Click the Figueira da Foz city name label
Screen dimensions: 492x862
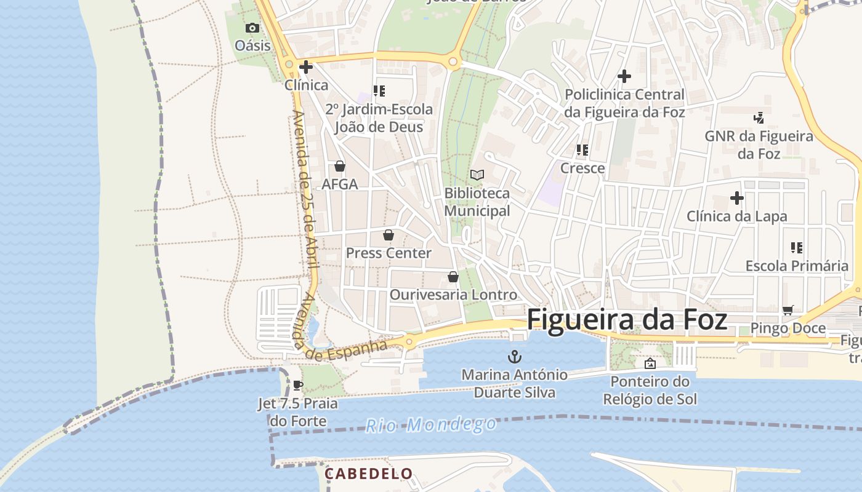click(x=627, y=320)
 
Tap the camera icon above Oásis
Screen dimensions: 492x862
click(x=252, y=28)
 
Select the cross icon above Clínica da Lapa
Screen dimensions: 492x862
click(x=736, y=198)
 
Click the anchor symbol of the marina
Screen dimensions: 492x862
click(x=514, y=356)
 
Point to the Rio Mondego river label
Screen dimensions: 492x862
click(x=431, y=424)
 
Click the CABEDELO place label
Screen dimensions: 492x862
click(x=368, y=474)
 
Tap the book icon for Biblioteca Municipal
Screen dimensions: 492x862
click(x=477, y=175)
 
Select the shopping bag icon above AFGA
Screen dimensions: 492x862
click(x=339, y=166)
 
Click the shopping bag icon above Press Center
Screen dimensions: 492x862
click(x=389, y=235)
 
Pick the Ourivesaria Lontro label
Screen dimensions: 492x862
click(x=453, y=295)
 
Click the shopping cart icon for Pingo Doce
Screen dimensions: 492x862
click(x=787, y=310)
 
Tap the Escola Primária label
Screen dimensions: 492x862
click(x=797, y=266)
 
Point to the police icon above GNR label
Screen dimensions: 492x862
click(x=759, y=117)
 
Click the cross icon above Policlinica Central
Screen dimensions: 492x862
click(x=624, y=76)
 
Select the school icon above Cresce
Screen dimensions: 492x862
click(x=582, y=149)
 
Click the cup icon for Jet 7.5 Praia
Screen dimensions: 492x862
click(x=298, y=386)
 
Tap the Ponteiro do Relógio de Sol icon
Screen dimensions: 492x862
click(x=650, y=363)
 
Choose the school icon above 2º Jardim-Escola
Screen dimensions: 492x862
click(x=379, y=91)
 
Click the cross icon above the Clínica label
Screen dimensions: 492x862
click(x=305, y=66)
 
